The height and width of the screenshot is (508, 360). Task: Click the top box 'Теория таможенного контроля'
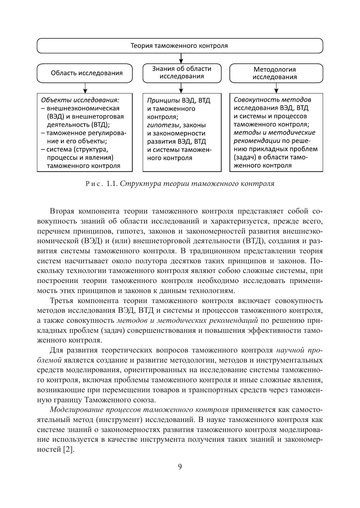pos(180,46)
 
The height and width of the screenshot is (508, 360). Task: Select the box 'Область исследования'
pos(85,73)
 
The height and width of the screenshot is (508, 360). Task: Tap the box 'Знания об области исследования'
pos(181,73)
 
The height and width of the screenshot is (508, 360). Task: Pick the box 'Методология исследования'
pos(276,73)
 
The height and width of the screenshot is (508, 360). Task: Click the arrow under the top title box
pos(181,58)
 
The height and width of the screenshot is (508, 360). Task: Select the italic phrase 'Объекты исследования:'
pos(80,100)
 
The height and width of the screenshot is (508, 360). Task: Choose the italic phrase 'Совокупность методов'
pos(273,100)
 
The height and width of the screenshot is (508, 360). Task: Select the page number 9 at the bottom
pos(180,466)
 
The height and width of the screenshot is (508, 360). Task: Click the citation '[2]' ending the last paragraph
pos(68,450)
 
